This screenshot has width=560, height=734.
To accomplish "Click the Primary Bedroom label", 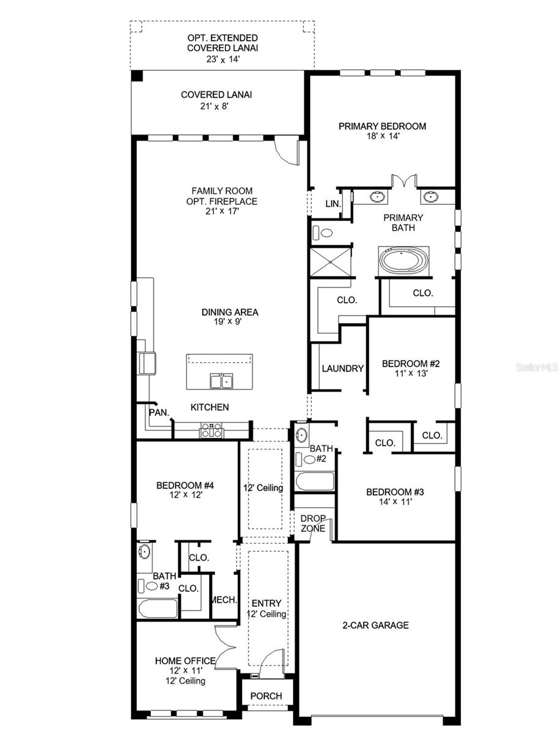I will (x=382, y=127).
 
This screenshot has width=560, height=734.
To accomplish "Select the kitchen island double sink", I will (x=221, y=382).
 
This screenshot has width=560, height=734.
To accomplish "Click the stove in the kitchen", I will (x=212, y=431).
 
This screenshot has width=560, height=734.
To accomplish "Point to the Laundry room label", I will (x=342, y=369).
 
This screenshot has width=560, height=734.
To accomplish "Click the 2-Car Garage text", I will (x=375, y=625).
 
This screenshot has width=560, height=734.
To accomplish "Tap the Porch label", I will (x=267, y=696).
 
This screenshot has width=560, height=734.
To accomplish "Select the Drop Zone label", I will (x=312, y=524).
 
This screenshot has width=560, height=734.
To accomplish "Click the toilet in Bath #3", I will (x=152, y=585).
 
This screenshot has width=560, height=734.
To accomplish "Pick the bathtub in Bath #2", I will (x=315, y=481).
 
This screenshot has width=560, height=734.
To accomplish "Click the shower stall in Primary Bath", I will (x=331, y=262).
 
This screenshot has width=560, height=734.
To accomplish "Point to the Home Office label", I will (x=185, y=661).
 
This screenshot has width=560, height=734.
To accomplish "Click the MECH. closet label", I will (x=224, y=600).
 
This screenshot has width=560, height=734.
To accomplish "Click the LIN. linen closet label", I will (x=332, y=204).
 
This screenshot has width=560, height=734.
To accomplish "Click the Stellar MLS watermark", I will (x=536, y=368).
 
